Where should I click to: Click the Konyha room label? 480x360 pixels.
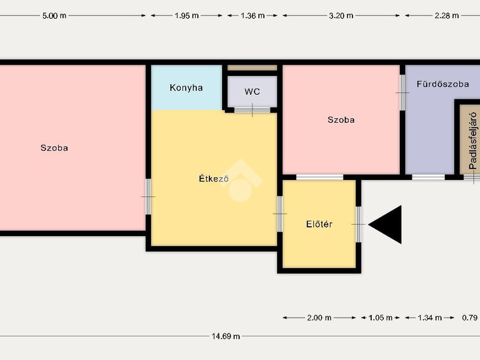point(186,88)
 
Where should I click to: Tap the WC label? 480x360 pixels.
point(252,91)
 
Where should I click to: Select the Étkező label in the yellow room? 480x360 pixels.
point(214,178)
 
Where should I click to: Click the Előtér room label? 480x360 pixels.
point(319,224)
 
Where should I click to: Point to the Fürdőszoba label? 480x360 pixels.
point(442,84)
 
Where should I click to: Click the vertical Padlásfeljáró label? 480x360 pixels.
point(473,141)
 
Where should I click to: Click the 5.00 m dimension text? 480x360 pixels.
point(54,15)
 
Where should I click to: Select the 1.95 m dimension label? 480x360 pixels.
point(187,15)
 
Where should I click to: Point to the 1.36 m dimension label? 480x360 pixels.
point(253,15)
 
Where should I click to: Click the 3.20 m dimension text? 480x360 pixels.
point(341,15)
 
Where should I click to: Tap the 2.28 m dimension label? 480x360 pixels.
point(447,15)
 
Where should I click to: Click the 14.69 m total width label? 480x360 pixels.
point(225,336)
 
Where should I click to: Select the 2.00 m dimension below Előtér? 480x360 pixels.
point(319,318)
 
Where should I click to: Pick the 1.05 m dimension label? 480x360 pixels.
point(381,318)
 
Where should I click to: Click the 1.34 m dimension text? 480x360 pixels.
point(430,318)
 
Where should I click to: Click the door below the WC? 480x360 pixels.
point(252,110)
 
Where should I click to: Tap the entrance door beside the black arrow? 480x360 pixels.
point(359,225)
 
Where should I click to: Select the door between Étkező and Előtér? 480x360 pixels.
point(280,214)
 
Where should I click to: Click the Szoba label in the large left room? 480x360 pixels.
point(54,148)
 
